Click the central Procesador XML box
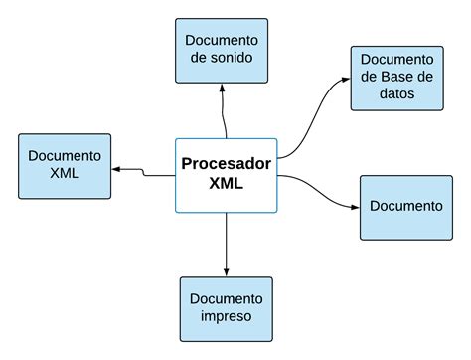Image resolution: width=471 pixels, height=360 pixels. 227,174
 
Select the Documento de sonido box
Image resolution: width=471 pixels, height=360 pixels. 222,50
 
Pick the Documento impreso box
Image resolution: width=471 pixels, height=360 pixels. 226,308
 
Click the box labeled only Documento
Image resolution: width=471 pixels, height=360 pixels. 404,207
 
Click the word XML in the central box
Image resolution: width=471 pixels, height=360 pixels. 227,185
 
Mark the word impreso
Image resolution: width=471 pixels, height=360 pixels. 226,317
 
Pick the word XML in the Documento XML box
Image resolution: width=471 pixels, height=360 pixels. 65,174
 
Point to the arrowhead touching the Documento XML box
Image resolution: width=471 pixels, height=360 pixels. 114,170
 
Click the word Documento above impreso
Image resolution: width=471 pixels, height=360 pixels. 226,298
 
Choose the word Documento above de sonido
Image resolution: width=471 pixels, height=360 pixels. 222,40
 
